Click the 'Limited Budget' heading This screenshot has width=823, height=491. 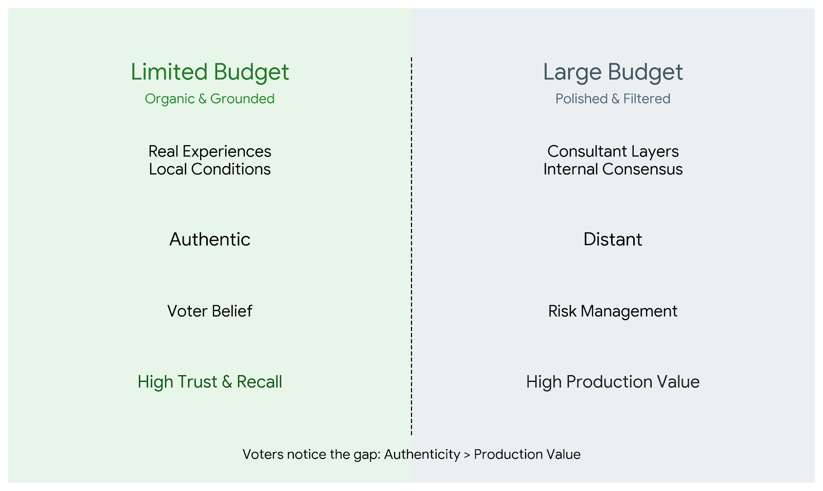tap(210, 73)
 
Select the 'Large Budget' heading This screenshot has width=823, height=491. tap(613, 73)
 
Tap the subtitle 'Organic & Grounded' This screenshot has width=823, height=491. tap(209, 99)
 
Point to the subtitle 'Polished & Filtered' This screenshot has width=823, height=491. tap(613, 98)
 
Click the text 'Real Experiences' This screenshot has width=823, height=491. tap(210, 151)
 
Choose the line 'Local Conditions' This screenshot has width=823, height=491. tap(210, 169)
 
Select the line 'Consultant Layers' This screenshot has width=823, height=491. tap(613, 151)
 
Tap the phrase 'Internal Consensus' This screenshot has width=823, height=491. tap(613, 169)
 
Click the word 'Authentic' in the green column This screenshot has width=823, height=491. tap(210, 239)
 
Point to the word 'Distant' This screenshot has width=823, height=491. tap(613, 239)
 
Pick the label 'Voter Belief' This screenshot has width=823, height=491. tap(210, 311)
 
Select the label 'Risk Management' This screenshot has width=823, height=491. tap(613, 311)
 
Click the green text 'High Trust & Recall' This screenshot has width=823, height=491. tap(210, 381)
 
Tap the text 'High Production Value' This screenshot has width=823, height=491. tap(613, 382)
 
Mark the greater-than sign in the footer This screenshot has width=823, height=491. tap(467, 455)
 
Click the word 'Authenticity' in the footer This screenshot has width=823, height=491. tap(422, 454)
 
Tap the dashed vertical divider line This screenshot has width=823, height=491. tap(411, 246)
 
